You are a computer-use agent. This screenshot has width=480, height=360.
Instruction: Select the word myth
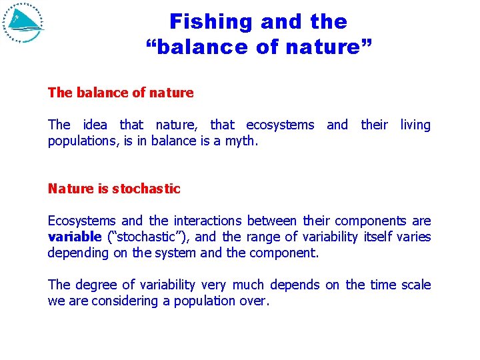tap(241, 141)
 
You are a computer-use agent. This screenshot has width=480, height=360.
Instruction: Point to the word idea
tap(95, 125)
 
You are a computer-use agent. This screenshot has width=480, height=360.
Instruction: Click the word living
tap(415, 125)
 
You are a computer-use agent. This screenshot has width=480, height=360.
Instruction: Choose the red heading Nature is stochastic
tap(114, 189)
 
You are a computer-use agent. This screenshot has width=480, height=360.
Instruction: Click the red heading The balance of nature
tap(121, 93)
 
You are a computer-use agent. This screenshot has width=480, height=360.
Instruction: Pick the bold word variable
tap(74, 237)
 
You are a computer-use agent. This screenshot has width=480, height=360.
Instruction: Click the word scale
tap(416, 285)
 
